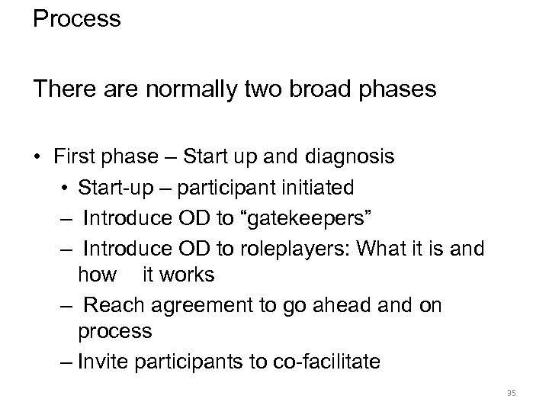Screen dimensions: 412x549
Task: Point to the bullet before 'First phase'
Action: coord(37,157)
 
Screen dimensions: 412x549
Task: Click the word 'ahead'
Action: coord(357,304)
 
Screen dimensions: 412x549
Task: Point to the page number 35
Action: coord(511,394)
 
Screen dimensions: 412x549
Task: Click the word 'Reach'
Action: coord(111,304)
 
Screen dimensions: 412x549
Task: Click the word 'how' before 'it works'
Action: coord(97,274)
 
